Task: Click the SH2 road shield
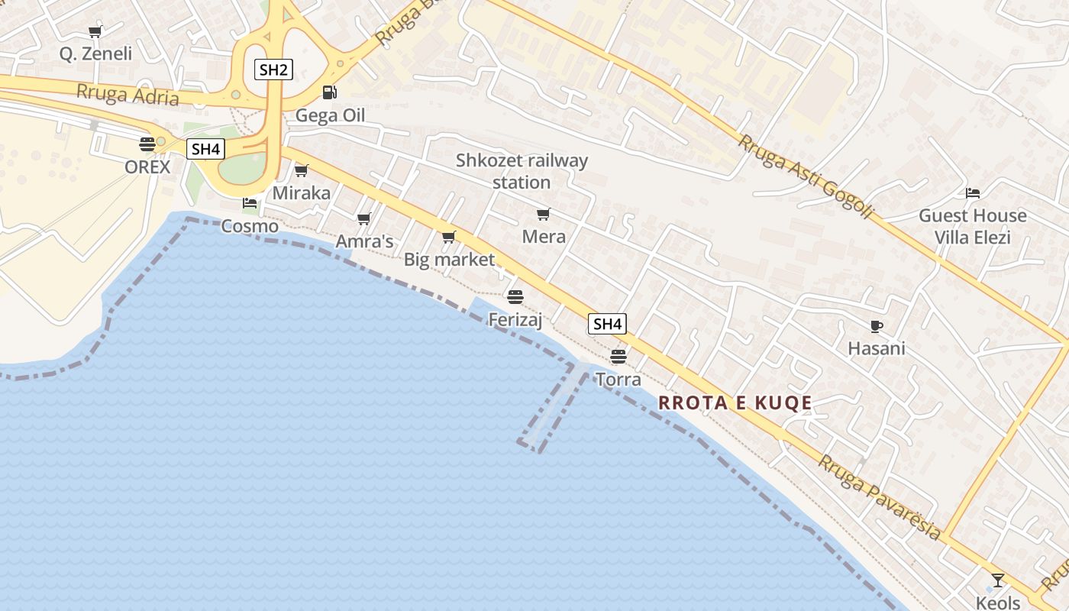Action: tap(273, 70)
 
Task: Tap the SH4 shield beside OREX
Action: tap(206, 149)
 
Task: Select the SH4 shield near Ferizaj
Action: tap(608, 324)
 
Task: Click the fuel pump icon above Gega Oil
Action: tap(329, 92)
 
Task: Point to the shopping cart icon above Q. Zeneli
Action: tap(95, 31)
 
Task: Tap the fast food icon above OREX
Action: tap(147, 144)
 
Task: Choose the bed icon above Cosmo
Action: tap(250, 203)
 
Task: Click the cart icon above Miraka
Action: tap(302, 170)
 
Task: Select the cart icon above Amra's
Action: tap(364, 218)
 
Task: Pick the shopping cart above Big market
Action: tap(449, 237)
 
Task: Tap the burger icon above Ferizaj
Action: tap(515, 296)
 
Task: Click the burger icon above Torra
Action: tap(618, 356)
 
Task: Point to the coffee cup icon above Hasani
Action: tap(877, 326)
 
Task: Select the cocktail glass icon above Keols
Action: tap(997, 580)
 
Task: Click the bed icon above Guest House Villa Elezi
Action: tap(972, 192)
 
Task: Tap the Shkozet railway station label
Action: tap(522, 171)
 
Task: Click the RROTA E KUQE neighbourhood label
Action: tap(735, 402)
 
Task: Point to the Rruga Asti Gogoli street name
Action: tap(806, 177)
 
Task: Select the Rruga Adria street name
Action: tap(128, 95)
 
